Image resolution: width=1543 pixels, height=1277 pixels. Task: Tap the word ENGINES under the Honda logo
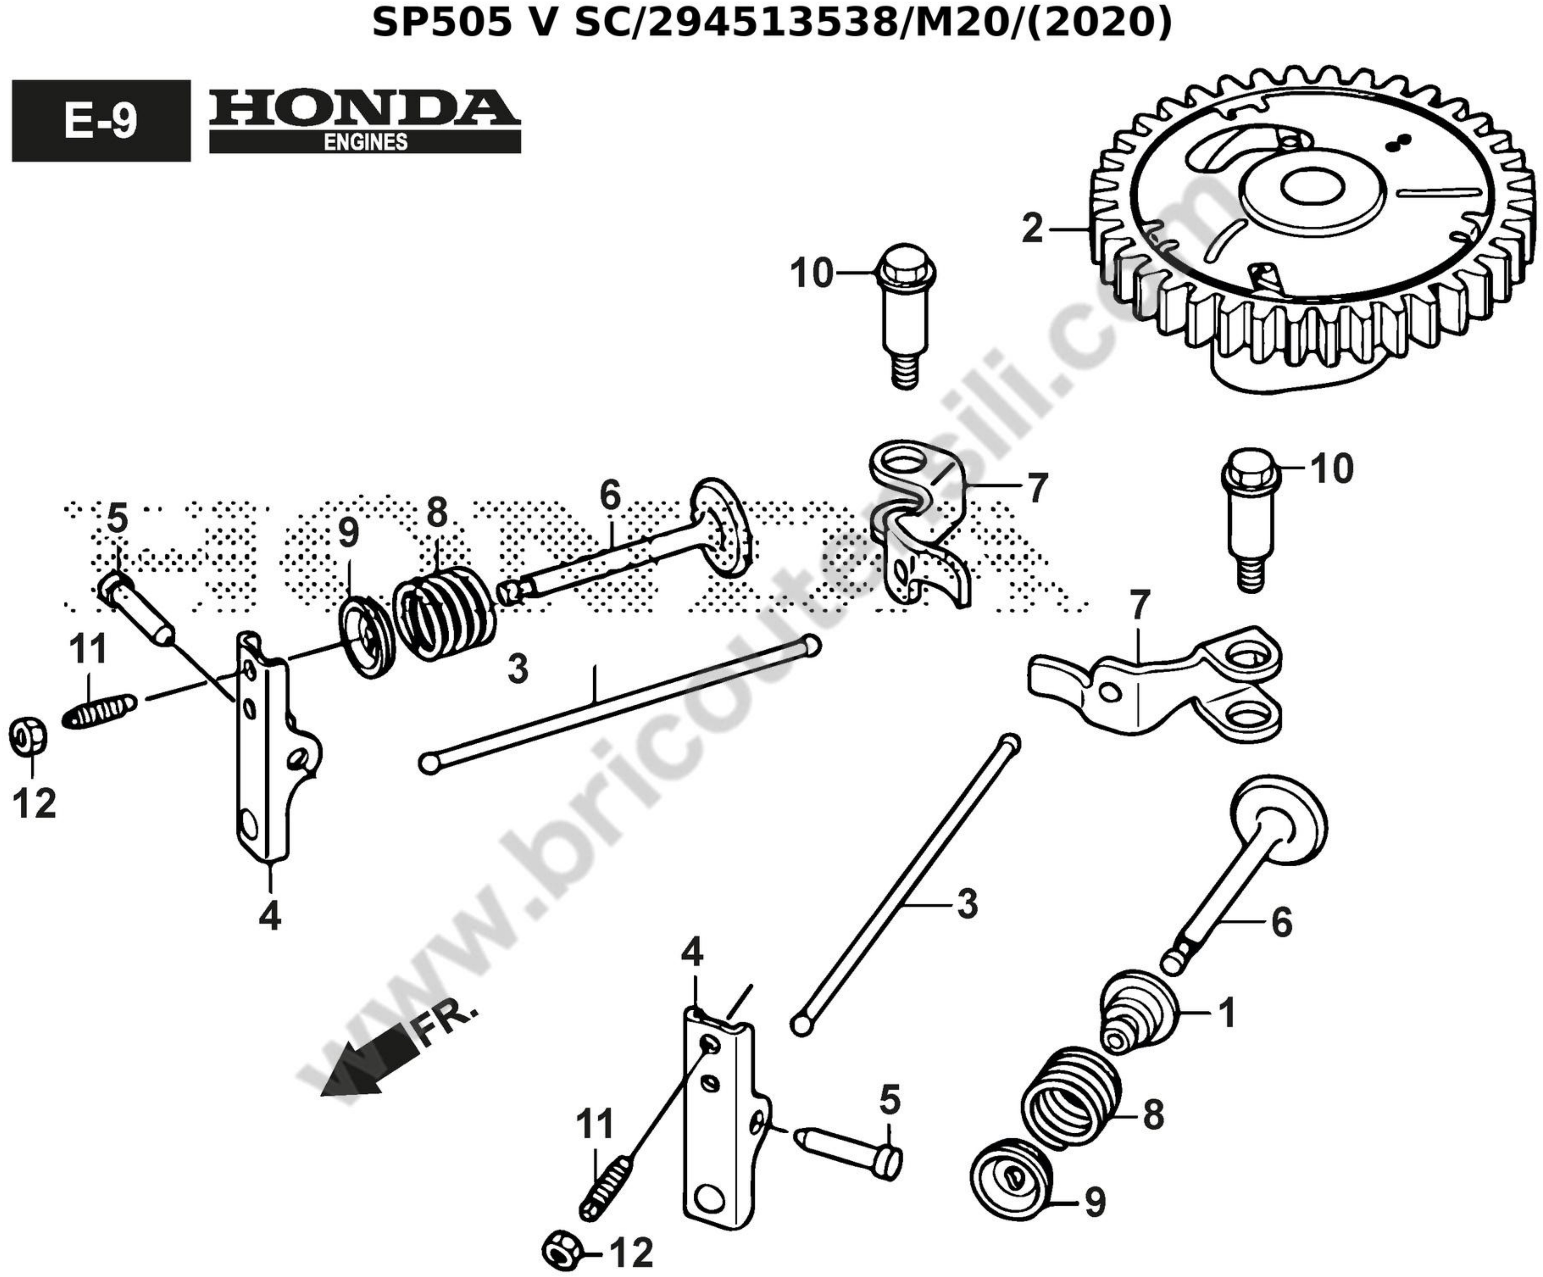pyautogui.click(x=365, y=142)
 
